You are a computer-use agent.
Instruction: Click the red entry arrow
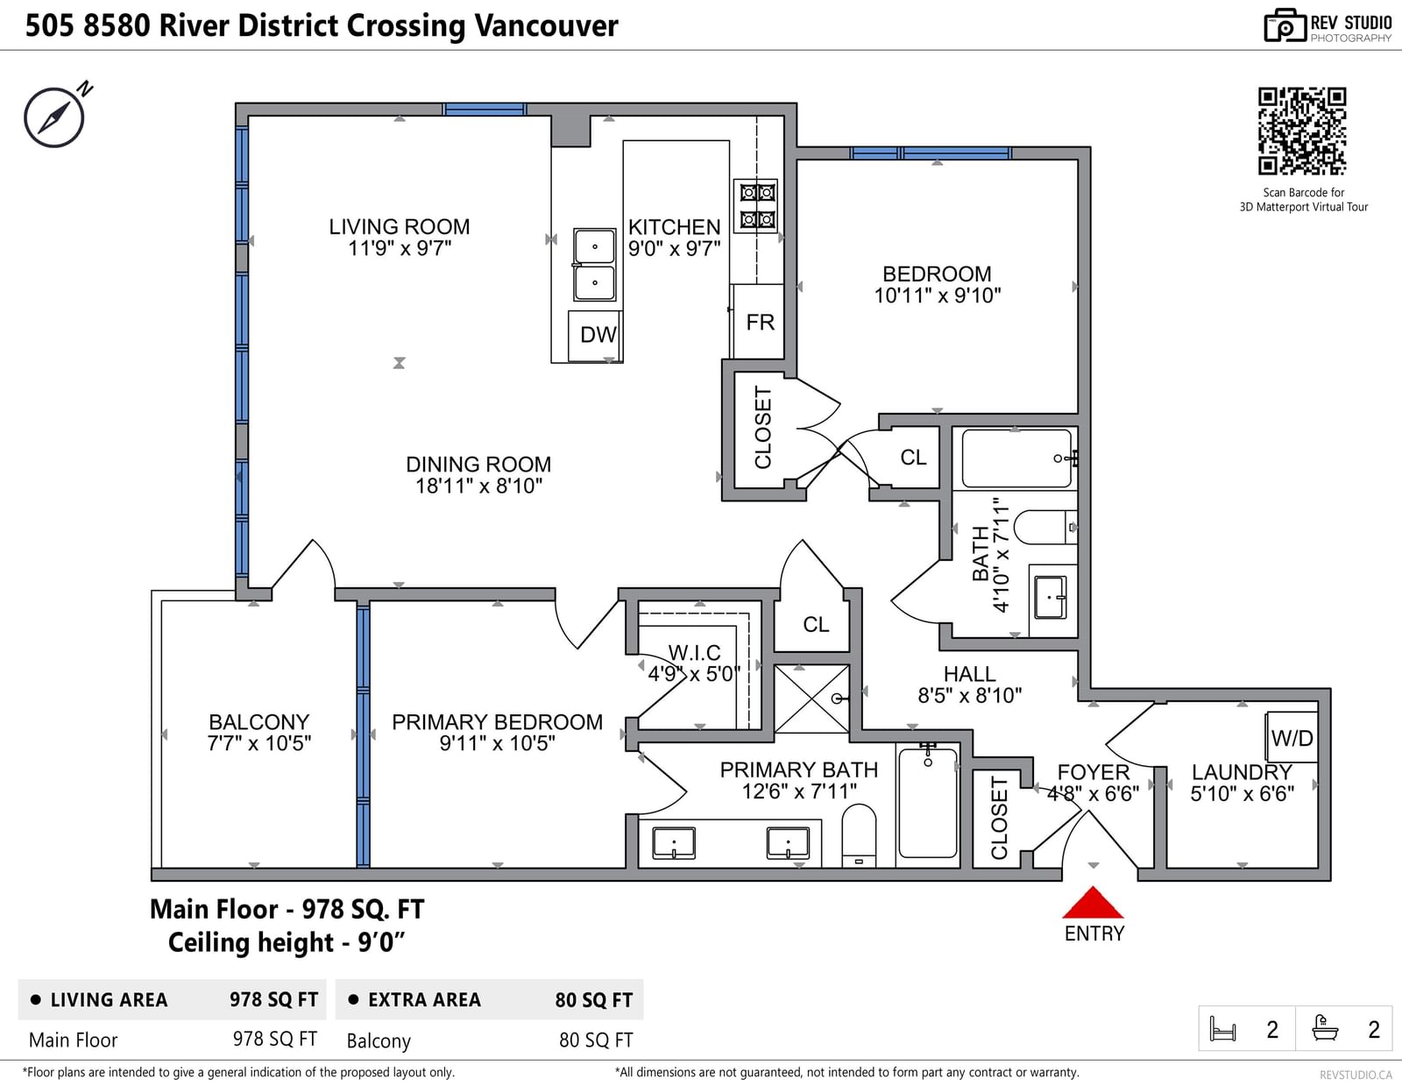(1093, 902)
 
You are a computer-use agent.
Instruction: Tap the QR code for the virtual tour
(1302, 131)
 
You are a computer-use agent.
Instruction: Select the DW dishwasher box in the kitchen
(594, 336)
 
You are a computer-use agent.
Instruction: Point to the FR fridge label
(760, 322)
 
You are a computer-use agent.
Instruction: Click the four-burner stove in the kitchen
(756, 205)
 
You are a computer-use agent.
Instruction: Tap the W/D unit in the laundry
(1292, 737)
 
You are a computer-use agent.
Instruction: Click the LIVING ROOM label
(400, 226)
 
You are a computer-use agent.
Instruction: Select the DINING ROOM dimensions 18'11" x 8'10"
(478, 486)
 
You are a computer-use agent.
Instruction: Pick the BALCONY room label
(258, 721)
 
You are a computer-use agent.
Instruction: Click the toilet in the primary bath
(859, 835)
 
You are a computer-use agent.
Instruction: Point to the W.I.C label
(694, 652)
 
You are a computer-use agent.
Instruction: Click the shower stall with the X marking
(811, 699)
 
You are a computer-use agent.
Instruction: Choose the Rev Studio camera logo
(1284, 25)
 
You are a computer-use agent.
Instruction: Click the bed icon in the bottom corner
(1222, 1029)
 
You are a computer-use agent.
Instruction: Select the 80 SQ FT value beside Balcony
(596, 1040)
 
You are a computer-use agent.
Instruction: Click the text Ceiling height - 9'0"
(287, 943)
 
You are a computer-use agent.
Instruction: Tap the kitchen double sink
(594, 265)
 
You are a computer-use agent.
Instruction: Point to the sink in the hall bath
(1050, 598)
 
